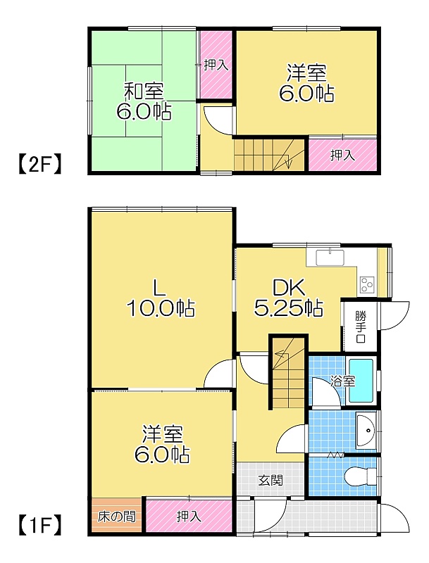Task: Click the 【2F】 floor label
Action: coord(39,164)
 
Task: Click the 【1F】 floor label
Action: coord(39,525)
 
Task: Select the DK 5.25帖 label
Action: coord(289,297)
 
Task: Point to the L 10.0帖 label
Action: coord(161,297)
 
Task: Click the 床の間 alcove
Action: coord(117,516)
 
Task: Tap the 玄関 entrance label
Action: coord(271,480)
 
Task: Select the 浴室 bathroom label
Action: coord(342,381)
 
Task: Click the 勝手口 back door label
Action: coord(361,327)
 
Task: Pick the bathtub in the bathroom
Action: coord(361,380)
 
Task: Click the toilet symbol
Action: coord(360,476)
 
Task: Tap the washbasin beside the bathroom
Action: coord(366,430)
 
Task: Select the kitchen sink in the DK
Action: coord(330,257)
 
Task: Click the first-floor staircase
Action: coord(289,373)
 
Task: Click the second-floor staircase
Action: coord(270,155)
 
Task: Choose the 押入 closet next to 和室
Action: coord(216,64)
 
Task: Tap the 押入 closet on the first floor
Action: coord(189,516)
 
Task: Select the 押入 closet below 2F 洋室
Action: coord(342,155)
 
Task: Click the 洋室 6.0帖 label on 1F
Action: coord(162,444)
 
